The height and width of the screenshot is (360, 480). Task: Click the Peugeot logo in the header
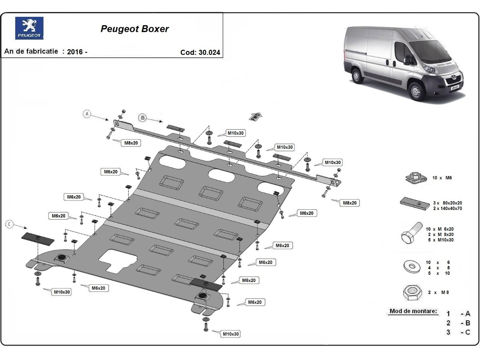click(29, 28)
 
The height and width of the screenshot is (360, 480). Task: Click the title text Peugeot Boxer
click(134, 29)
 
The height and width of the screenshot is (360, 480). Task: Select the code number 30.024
click(209, 52)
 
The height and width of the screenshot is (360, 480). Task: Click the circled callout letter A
click(87, 114)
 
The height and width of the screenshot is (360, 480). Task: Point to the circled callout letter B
click(142, 117)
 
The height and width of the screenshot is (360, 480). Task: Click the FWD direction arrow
click(256, 117)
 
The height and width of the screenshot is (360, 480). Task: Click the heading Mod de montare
click(413, 311)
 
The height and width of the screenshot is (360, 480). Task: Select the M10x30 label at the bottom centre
click(231, 334)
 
